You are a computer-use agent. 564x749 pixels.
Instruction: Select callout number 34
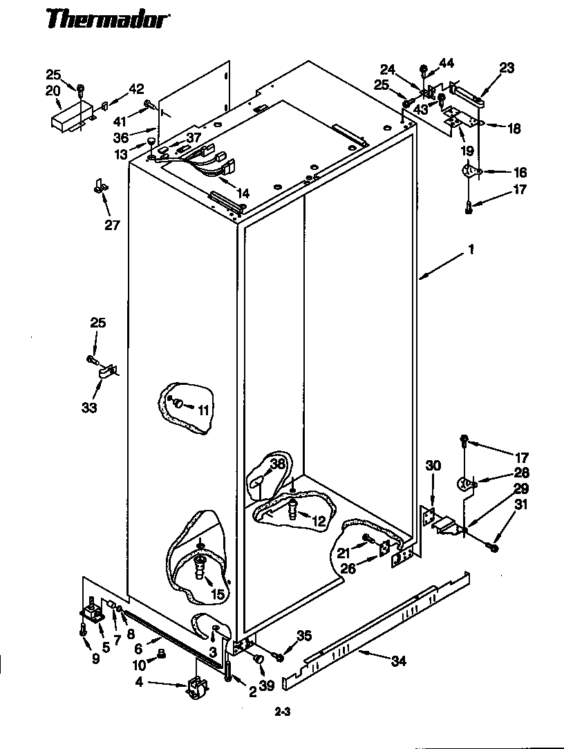coord(398,661)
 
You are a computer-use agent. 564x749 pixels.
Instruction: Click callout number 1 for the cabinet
coord(471,250)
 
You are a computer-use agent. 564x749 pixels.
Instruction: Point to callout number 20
coord(53,90)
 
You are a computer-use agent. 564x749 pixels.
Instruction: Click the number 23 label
coord(507,67)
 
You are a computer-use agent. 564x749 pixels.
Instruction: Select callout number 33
coord(89,408)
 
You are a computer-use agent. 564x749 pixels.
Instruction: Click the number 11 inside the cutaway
coord(203,410)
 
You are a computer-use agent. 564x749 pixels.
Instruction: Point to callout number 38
coord(277,464)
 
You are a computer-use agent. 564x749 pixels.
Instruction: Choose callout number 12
coord(318,522)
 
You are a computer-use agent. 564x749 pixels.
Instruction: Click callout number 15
coord(217,593)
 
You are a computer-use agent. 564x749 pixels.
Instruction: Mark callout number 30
coord(433,466)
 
